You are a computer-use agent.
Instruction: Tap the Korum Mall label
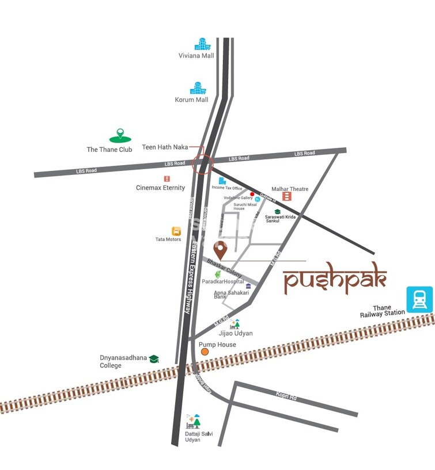click(191, 100)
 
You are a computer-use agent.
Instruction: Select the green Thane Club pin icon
click(120, 136)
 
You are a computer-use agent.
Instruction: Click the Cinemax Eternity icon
click(167, 179)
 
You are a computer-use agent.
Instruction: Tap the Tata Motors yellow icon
click(176, 231)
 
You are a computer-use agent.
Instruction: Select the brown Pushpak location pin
click(220, 250)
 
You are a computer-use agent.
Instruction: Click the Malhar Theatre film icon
click(286, 197)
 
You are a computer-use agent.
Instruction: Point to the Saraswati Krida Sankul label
click(281, 219)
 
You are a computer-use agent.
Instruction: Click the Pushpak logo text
click(335, 281)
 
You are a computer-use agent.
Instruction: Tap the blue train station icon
click(419, 298)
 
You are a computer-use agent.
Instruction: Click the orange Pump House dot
click(203, 351)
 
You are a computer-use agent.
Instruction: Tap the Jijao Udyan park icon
click(234, 324)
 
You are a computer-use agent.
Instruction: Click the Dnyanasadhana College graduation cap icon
click(154, 359)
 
